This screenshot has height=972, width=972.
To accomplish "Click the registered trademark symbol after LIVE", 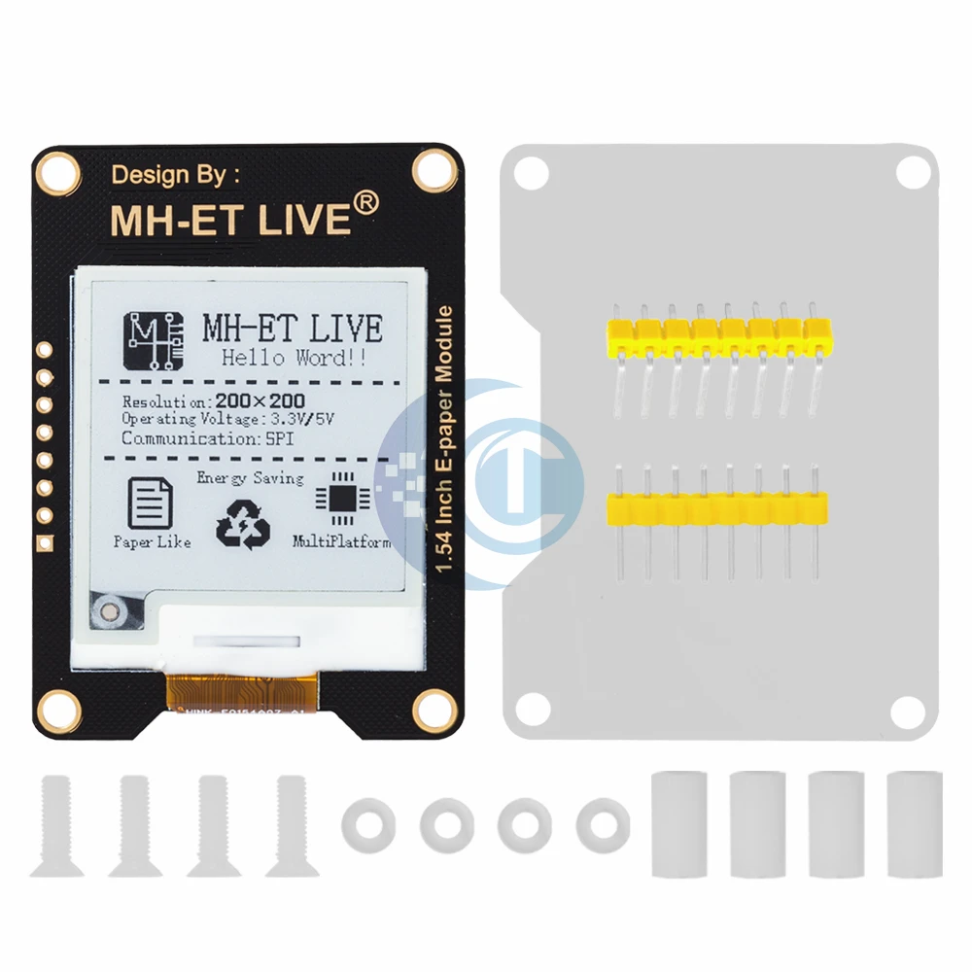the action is pos(364,202).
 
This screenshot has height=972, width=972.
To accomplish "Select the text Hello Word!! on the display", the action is pos(293,358).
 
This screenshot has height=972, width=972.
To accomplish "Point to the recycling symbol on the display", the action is pos(244,524).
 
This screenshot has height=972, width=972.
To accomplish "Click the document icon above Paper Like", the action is pos(150,502).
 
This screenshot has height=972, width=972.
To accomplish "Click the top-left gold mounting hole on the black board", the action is pos(57,172).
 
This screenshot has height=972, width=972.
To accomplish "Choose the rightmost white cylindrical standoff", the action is pos(914,824).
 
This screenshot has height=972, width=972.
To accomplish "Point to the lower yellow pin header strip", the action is pos(717,508).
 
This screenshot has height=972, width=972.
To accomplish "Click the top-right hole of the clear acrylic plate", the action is pos(911,172).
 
